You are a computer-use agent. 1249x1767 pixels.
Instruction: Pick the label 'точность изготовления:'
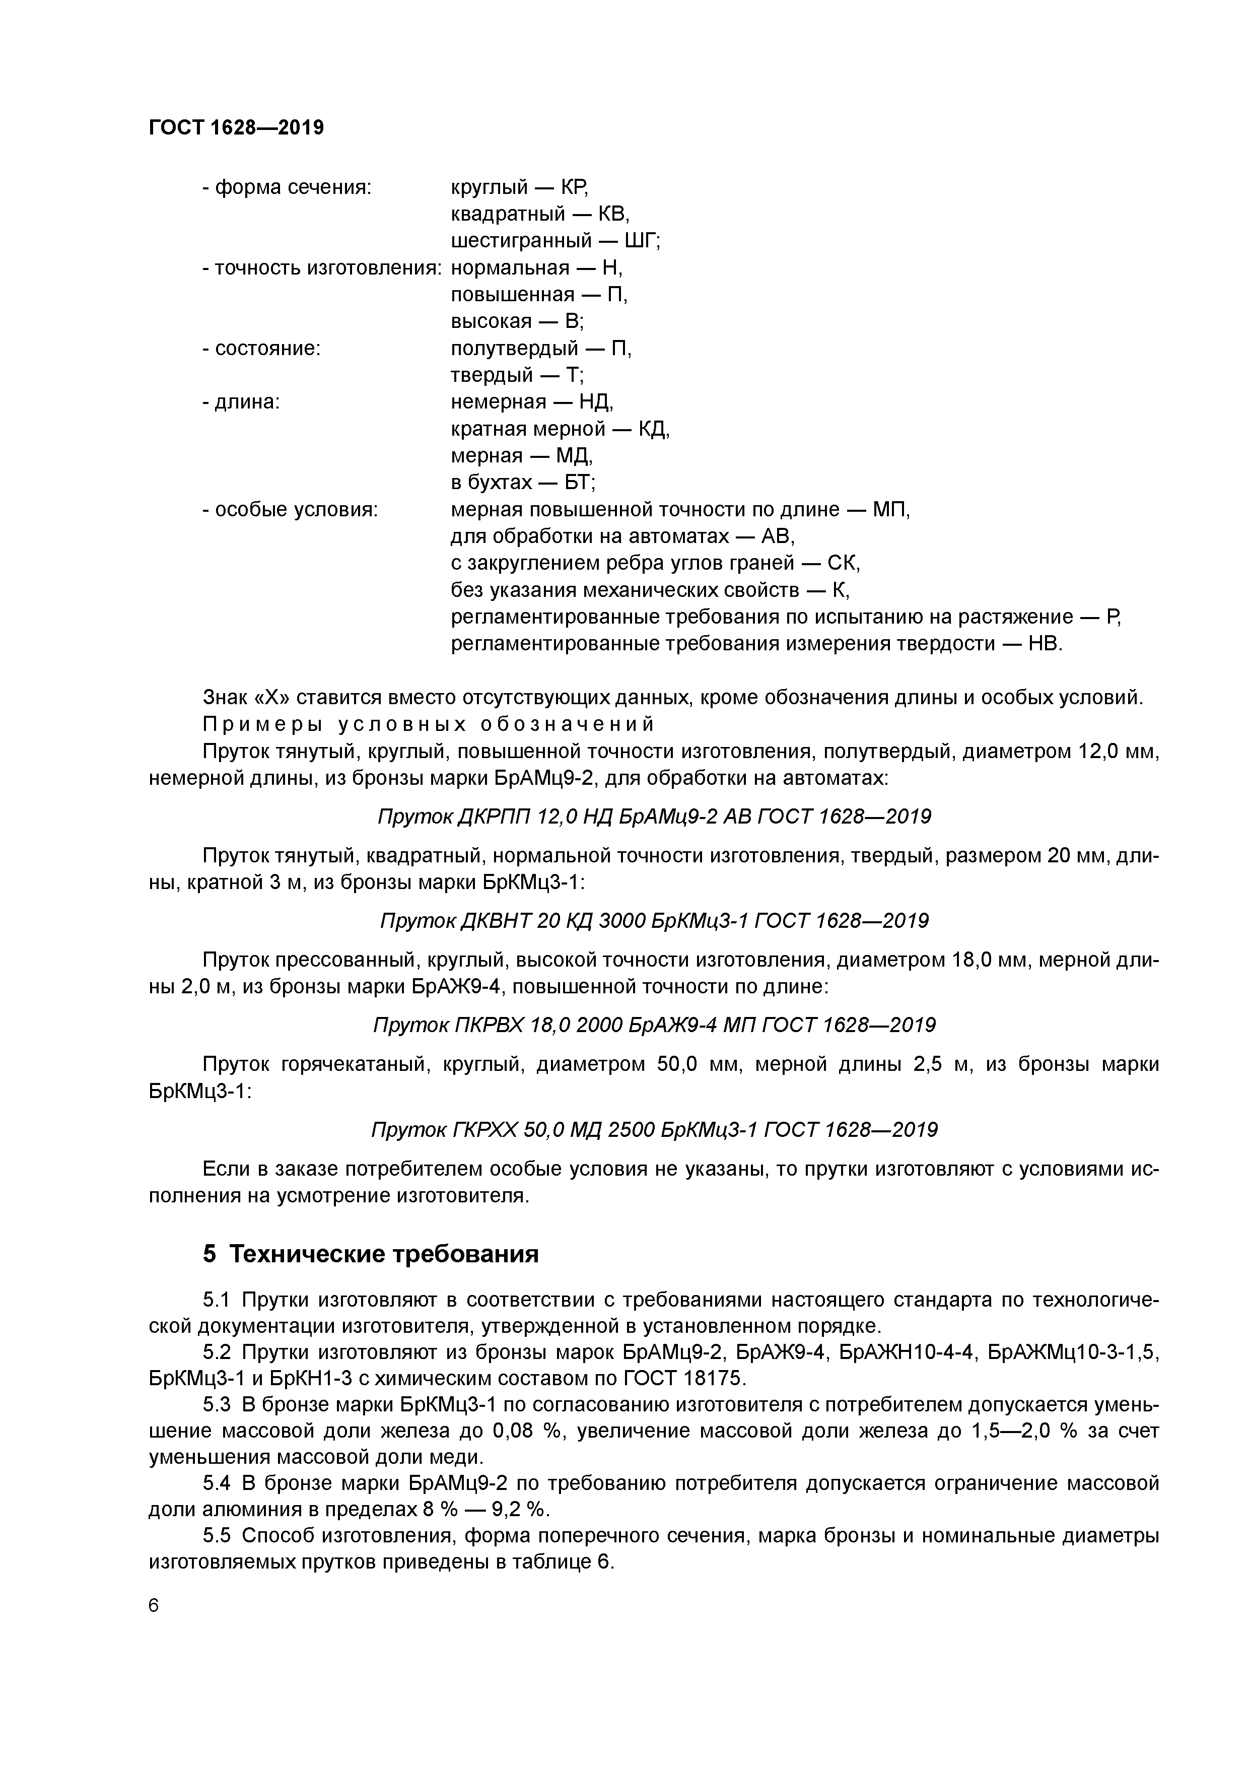tap(322, 268)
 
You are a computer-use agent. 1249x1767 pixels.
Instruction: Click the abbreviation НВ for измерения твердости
tap(1045, 643)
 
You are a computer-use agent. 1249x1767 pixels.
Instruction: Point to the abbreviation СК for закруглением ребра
tap(844, 563)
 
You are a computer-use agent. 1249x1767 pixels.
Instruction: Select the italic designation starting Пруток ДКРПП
tap(654, 816)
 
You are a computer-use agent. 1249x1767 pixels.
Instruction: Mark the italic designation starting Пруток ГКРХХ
tap(654, 1130)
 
